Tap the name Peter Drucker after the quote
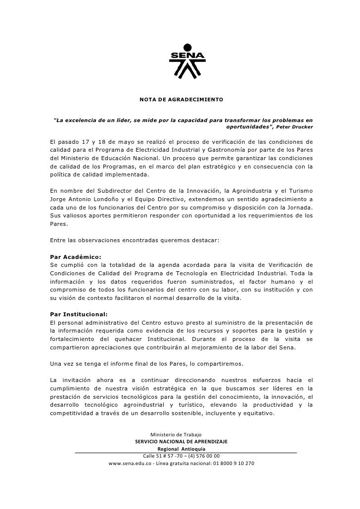pos(297,127)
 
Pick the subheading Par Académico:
pos(76,257)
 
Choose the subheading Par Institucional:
pos(79,314)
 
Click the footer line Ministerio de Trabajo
pos(180,434)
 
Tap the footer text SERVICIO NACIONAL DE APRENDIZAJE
pos(181,441)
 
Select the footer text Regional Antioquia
pos(180,449)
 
